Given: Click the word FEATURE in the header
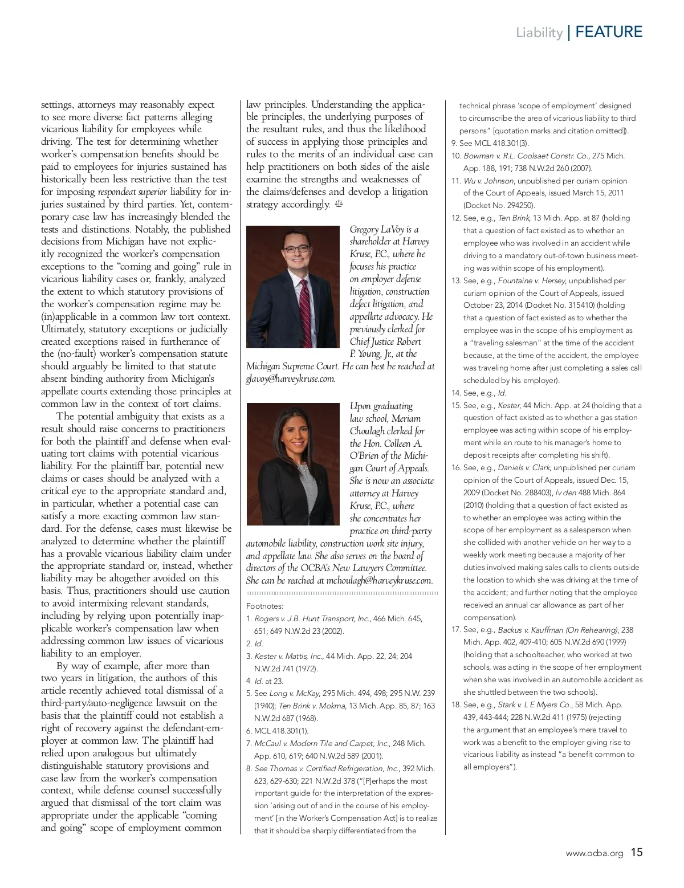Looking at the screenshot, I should point(609,32).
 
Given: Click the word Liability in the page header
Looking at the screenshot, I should point(539,32).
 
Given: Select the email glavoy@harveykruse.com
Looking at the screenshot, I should point(291,378).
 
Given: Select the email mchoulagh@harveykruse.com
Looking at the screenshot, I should point(379,581).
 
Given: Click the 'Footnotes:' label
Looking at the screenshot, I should point(264,606).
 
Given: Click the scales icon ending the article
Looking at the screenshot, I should point(339,204).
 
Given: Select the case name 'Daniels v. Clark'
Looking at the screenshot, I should point(524,467).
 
